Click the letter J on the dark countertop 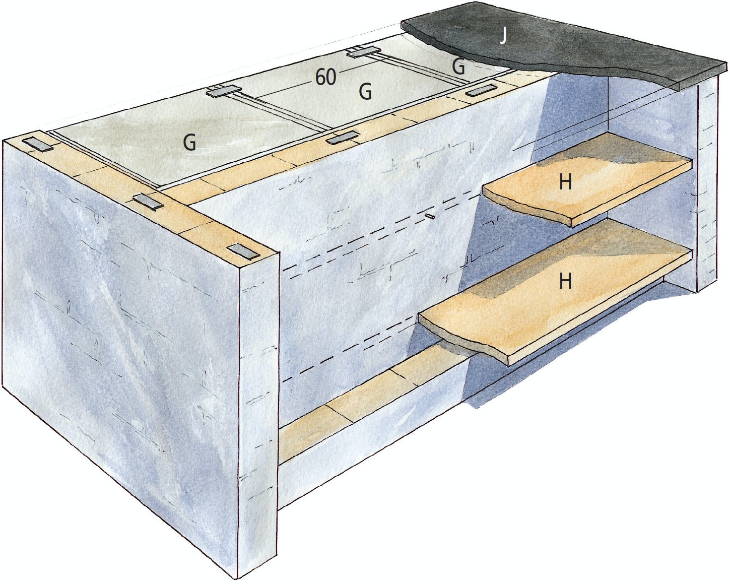(504, 37)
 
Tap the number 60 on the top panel (326, 78)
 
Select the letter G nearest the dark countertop (458, 67)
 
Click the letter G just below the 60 (365, 92)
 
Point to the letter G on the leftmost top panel (189, 143)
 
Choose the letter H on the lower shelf (565, 281)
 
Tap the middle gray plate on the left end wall (148, 202)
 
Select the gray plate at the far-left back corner (39, 144)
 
